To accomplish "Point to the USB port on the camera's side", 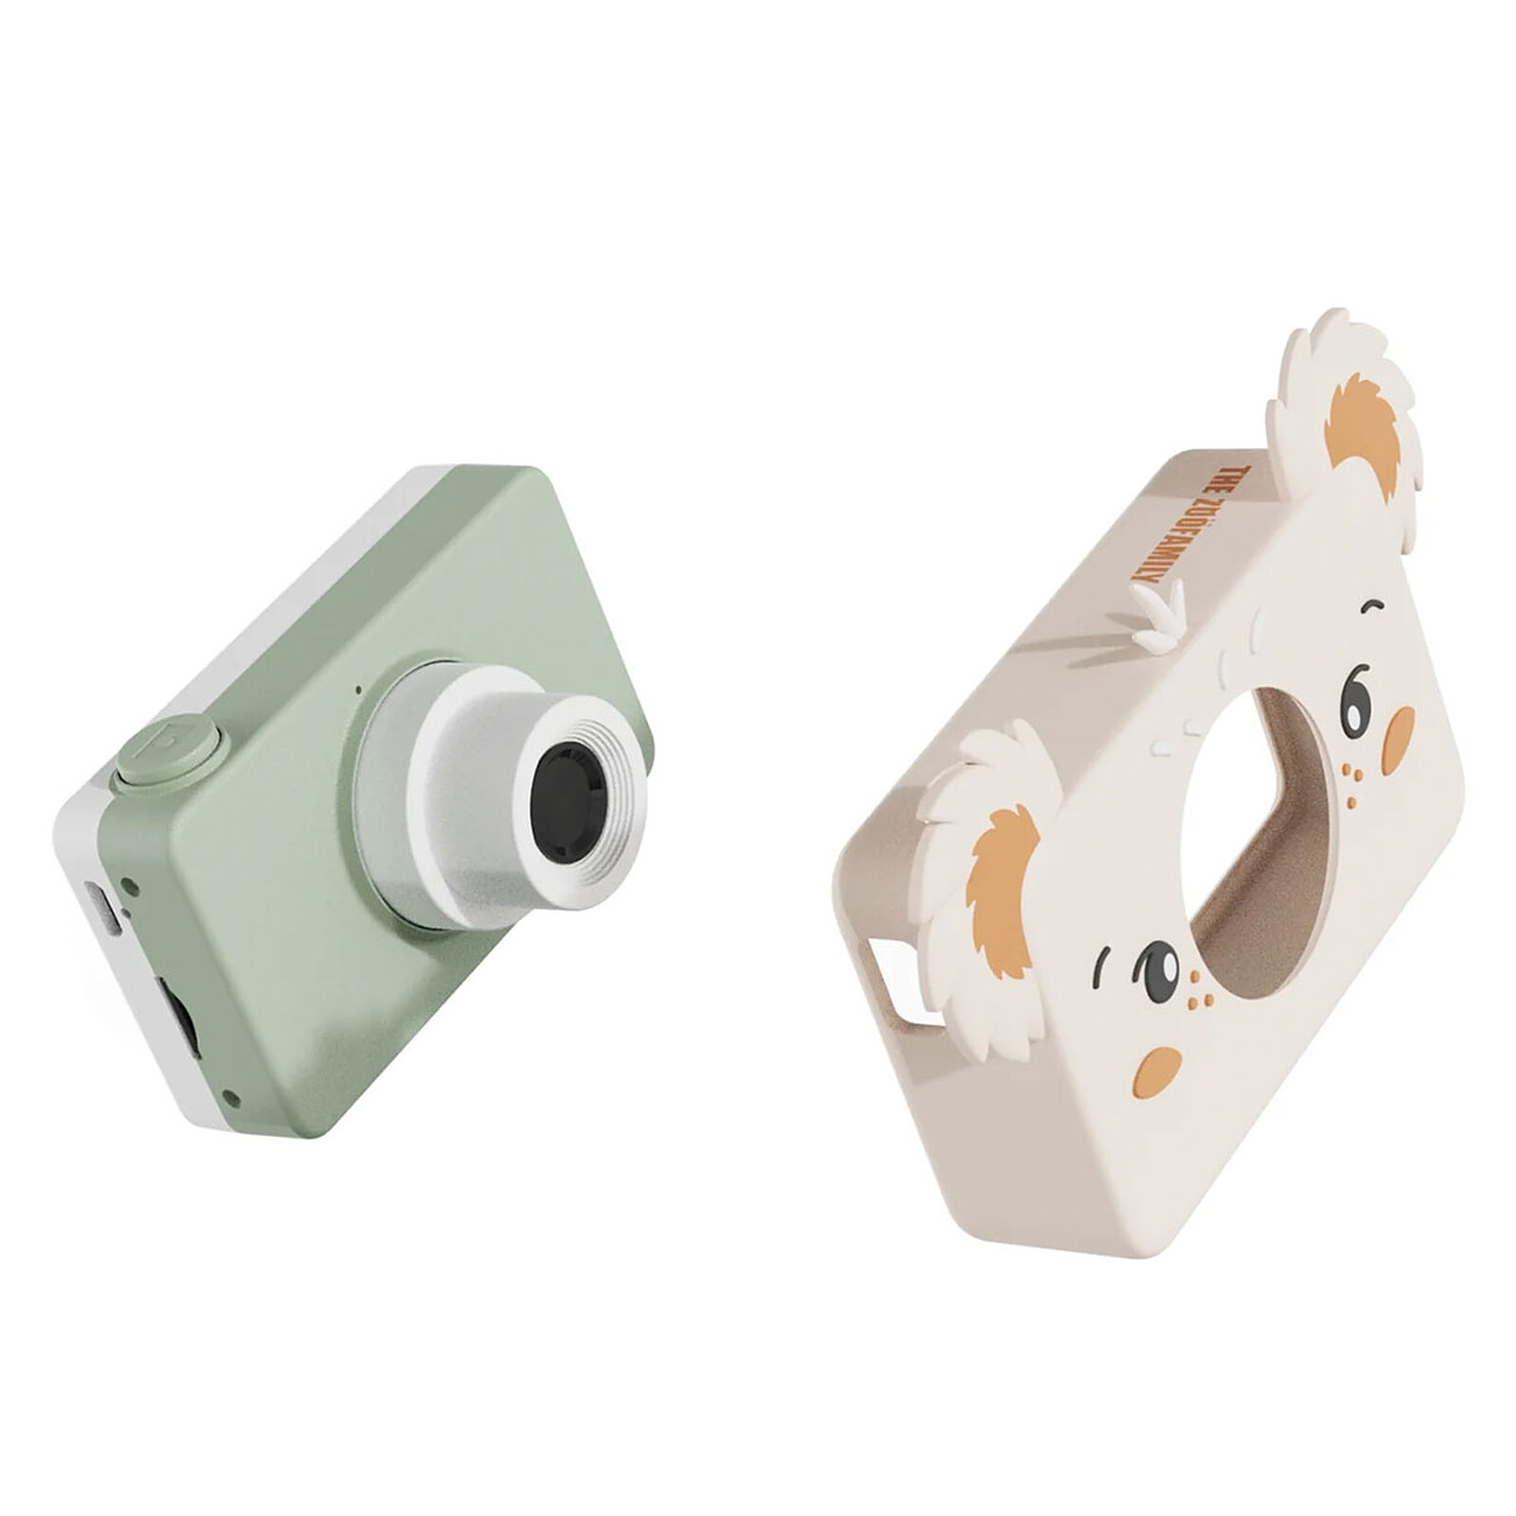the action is pos(103,908).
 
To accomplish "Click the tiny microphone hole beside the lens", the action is pos(358,690).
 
